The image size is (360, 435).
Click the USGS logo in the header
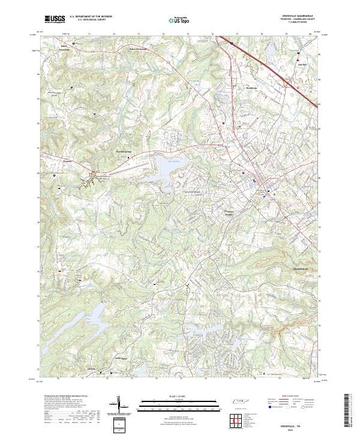tap(55, 19)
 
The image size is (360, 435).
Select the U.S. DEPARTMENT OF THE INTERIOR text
tap(91, 17)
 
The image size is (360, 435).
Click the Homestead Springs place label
tap(123, 152)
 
